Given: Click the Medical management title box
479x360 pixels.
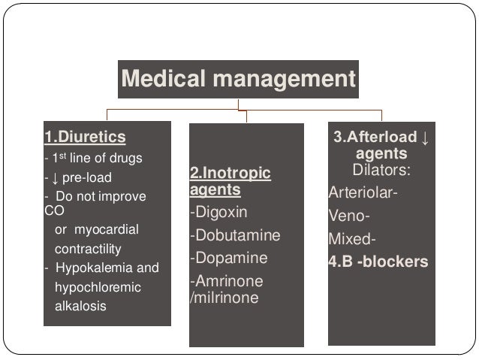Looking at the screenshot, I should [238, 78].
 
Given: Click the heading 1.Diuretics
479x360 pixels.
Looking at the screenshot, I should [84, 138].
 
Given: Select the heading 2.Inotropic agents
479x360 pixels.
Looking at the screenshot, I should [230, 182].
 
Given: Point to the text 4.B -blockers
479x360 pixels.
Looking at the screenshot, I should [378, 262].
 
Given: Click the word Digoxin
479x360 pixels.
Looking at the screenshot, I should [220, 213].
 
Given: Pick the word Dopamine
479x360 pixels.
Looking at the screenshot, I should [230, 259].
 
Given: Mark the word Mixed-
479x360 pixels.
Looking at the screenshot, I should [351, 241].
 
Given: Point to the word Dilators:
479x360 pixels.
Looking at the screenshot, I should [381, 171].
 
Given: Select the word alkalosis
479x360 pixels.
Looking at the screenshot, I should [80, 307].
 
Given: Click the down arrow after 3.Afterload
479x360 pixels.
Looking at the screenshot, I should [425, 138].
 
